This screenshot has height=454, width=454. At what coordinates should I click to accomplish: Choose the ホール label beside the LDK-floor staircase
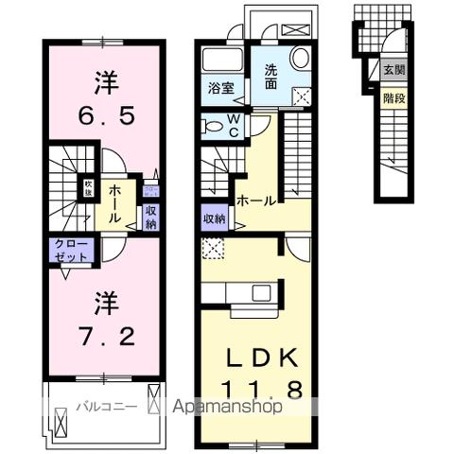tap(256, 201)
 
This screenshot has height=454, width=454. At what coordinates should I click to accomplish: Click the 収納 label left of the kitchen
tap(214, 219)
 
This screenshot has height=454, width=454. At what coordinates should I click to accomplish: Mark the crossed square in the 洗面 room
tap(304, 96)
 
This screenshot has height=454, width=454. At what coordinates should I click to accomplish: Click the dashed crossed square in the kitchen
tap(212, 250)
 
